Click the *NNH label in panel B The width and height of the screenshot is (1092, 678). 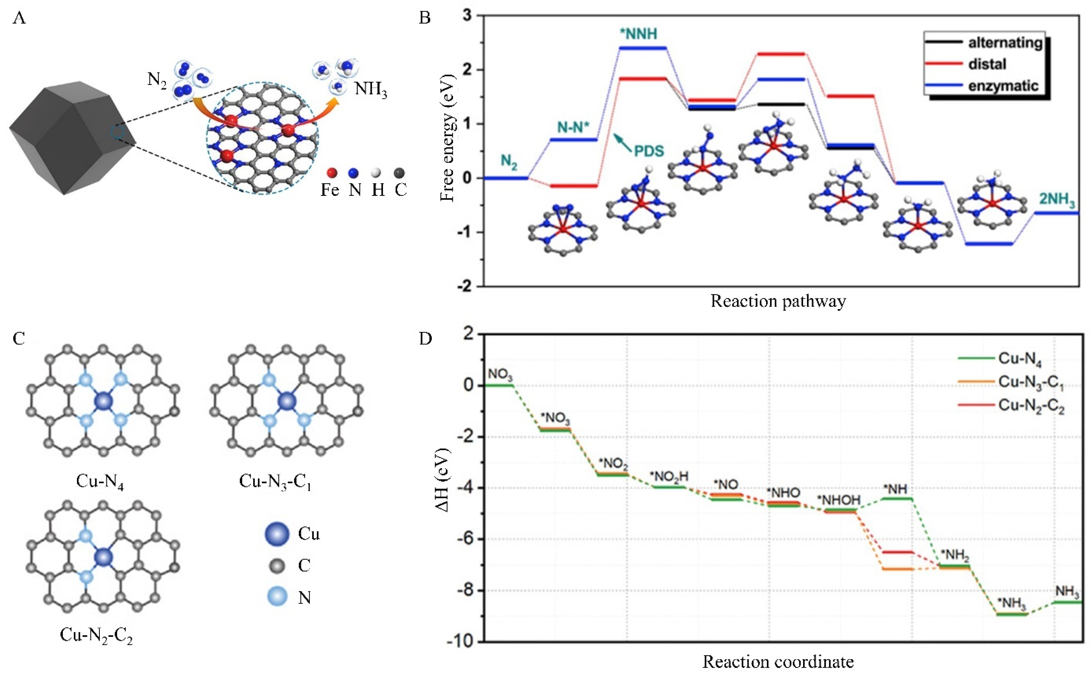coord(639,34)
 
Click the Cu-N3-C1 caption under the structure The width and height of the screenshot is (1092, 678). coord(275,482)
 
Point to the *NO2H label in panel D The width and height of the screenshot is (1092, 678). coord(669,477)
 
